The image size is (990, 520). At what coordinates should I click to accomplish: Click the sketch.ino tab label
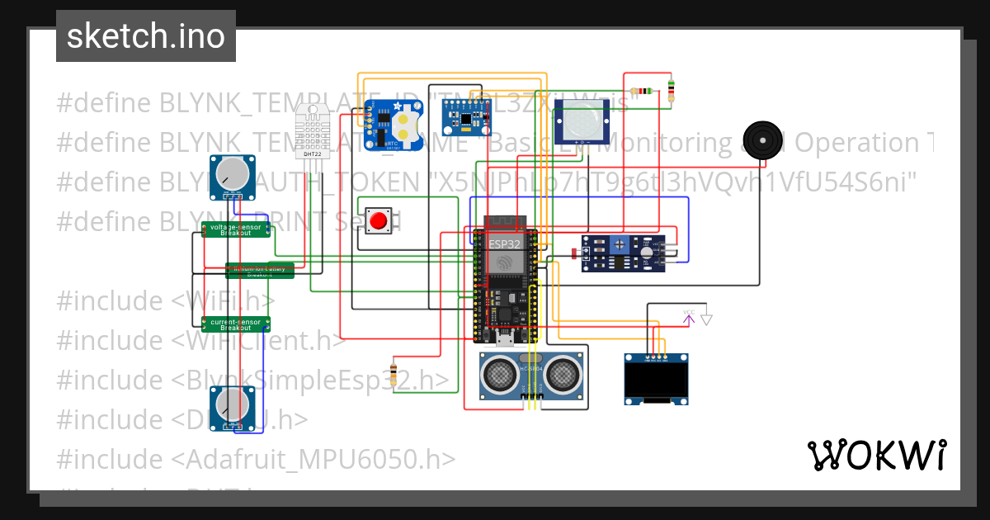145,36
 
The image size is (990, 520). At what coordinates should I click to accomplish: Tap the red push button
379,221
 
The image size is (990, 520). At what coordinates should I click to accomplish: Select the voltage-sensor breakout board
236,229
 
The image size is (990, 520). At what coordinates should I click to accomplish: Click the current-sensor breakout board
236,324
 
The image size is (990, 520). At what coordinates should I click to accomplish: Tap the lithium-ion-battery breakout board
260,270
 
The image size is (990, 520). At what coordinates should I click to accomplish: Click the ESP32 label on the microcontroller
504,244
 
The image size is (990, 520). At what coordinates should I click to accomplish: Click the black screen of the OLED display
656,382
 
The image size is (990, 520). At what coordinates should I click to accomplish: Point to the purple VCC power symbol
688,316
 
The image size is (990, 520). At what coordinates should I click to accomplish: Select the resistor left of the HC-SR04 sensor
394,374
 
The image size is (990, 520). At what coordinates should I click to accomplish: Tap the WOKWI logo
876,455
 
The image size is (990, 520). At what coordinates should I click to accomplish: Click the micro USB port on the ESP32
504,338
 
